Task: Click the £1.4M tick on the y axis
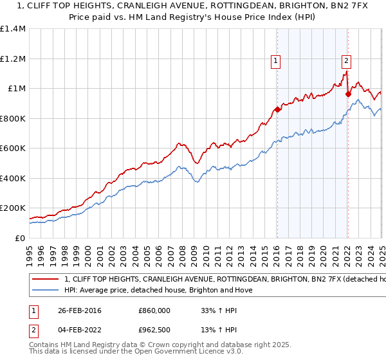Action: coord(14,29)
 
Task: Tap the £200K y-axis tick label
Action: coord(14,208)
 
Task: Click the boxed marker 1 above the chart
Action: coord(275,61)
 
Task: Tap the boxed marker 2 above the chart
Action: coord(346,61)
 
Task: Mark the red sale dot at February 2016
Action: coord(277,109)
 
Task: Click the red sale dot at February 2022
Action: coord(348,94)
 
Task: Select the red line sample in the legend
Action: coord(45,280)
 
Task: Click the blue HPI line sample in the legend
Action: coord(45,291)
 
